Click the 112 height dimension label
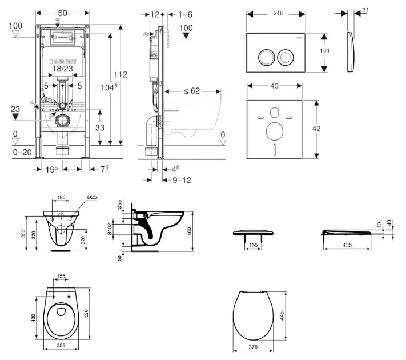point(120,74)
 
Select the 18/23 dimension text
point(62,68)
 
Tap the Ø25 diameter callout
point(92,198)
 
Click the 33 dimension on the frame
point(99,128)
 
